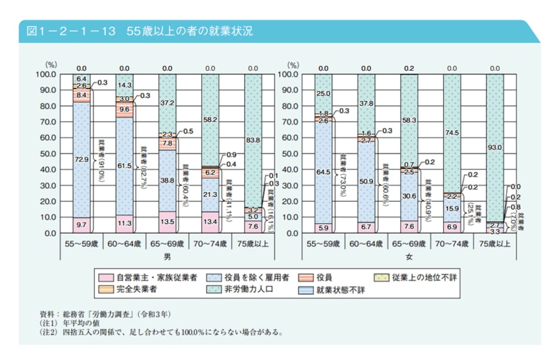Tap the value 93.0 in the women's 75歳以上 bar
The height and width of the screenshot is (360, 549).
[495, 147]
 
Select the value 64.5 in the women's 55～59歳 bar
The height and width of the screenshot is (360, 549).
[323, 171]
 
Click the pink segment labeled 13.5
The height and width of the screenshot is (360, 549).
[167, 222]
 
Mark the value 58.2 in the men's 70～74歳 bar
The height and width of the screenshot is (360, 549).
[210, 118]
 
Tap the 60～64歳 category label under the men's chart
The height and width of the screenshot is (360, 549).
[124, 243]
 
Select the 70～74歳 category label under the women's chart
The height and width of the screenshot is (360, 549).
[452, 243]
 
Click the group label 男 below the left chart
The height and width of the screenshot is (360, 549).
[167, 256]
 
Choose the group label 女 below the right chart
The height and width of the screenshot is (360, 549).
[409, 256]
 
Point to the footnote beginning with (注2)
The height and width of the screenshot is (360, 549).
[161, 332]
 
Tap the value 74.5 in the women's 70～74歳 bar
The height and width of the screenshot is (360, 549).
[452, 133]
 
